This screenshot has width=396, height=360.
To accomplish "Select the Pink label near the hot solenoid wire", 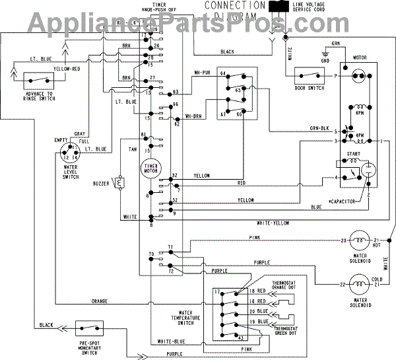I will click(x=254, y=236).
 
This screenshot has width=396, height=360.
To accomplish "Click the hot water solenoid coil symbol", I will click(x=359, y=239).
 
